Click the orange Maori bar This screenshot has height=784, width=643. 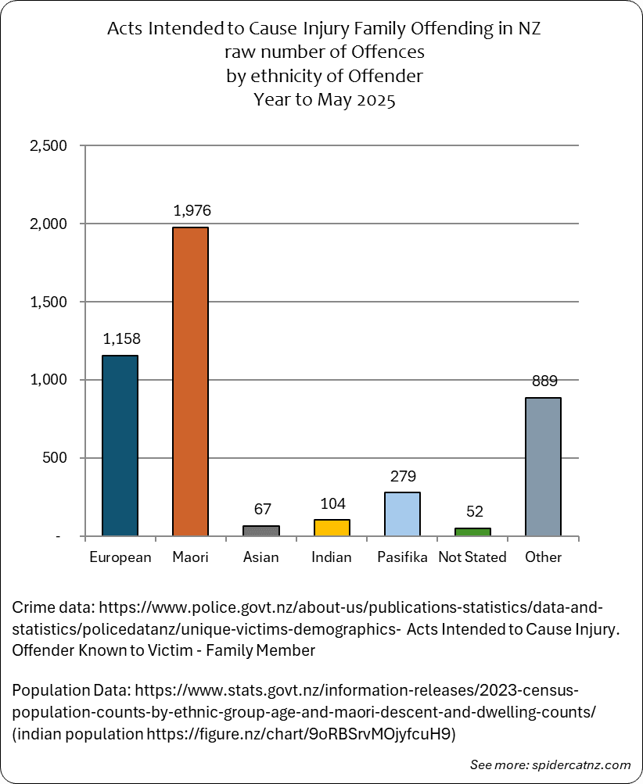(190, 381)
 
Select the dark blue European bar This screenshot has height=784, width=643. (120, 446)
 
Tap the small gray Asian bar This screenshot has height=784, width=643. (261, 531)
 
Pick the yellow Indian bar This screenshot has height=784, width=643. (332, 528)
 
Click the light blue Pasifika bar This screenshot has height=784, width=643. (402, 514)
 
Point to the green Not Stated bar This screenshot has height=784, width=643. (473, 532)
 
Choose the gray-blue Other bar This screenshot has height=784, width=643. (543, 467)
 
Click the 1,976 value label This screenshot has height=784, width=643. (192, 210)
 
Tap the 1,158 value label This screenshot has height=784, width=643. (121, 338)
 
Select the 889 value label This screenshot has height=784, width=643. (544, 381)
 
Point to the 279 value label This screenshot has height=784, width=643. (404, 476)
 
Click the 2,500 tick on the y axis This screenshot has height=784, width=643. (48, 145)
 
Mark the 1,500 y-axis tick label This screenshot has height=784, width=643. (48, 302)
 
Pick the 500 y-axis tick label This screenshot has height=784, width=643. (55, 458)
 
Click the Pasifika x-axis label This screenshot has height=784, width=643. (402, 557)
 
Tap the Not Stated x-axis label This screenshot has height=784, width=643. (472, 557)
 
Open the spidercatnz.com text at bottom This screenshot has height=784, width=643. (581, 765)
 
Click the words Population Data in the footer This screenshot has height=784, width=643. (71, 690)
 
